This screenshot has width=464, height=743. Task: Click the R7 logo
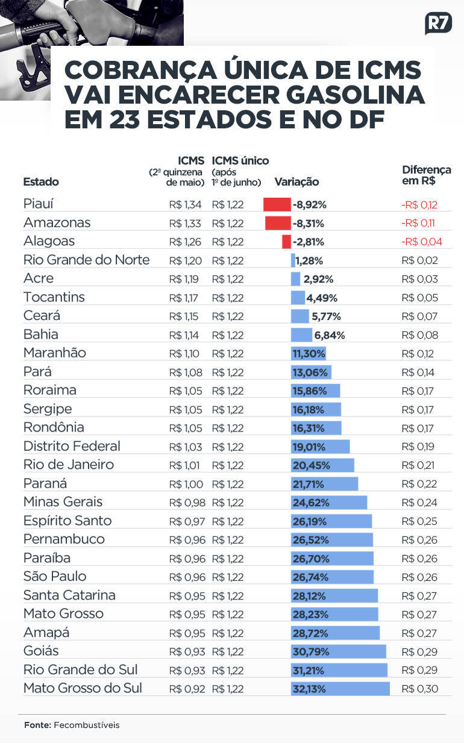438,24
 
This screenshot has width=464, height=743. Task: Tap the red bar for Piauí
277,204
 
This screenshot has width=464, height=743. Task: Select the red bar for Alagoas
286,242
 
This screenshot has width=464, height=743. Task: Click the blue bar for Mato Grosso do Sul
340,689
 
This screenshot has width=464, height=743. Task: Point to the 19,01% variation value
309,447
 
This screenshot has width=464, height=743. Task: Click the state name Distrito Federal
72,447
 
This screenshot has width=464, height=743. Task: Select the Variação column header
296,182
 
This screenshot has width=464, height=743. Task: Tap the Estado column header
41,182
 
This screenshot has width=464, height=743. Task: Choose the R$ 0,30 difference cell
419,689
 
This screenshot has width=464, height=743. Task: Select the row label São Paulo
55,577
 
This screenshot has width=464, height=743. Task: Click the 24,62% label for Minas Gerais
309,503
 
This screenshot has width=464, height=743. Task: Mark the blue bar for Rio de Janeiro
322,466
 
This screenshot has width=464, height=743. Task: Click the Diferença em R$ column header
425,175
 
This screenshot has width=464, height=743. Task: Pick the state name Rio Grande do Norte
86,260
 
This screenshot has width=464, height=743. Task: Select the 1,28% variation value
309,261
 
